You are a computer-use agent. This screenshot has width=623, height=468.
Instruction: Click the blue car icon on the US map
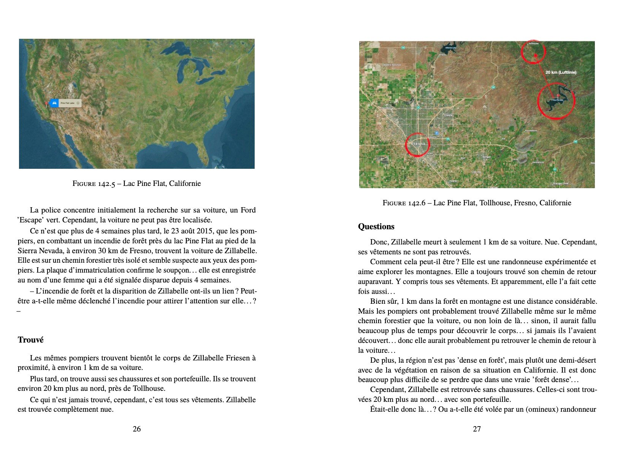click(x=54, y=103)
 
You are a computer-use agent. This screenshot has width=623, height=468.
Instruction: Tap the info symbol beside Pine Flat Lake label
click(x=78, y=103)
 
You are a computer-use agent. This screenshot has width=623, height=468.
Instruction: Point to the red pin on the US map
click(x=47, y=103)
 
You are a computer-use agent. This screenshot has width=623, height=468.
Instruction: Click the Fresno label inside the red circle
click(x=418, y=144)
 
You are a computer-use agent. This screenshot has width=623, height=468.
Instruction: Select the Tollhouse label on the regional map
click(x=533, y=44)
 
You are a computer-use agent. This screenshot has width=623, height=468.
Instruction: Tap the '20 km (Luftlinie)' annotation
click(x=561, y=72)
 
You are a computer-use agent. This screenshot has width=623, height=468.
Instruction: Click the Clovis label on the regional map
click(x=448, y=115)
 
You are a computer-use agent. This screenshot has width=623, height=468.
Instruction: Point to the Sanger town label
click(x=486, y=157)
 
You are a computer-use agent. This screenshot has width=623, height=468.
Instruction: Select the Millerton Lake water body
click(x=449, y=48)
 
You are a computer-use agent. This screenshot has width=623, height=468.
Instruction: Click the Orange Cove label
click(x=560, y=183)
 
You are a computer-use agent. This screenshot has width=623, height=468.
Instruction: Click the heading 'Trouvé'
click(x=30, y=340)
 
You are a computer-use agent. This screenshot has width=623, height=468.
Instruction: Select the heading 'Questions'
click(x=376, y=227)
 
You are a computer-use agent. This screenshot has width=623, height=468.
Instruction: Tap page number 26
click(x=136, y=429)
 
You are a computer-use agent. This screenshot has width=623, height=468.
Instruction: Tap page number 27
click(x=477, y=429)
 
